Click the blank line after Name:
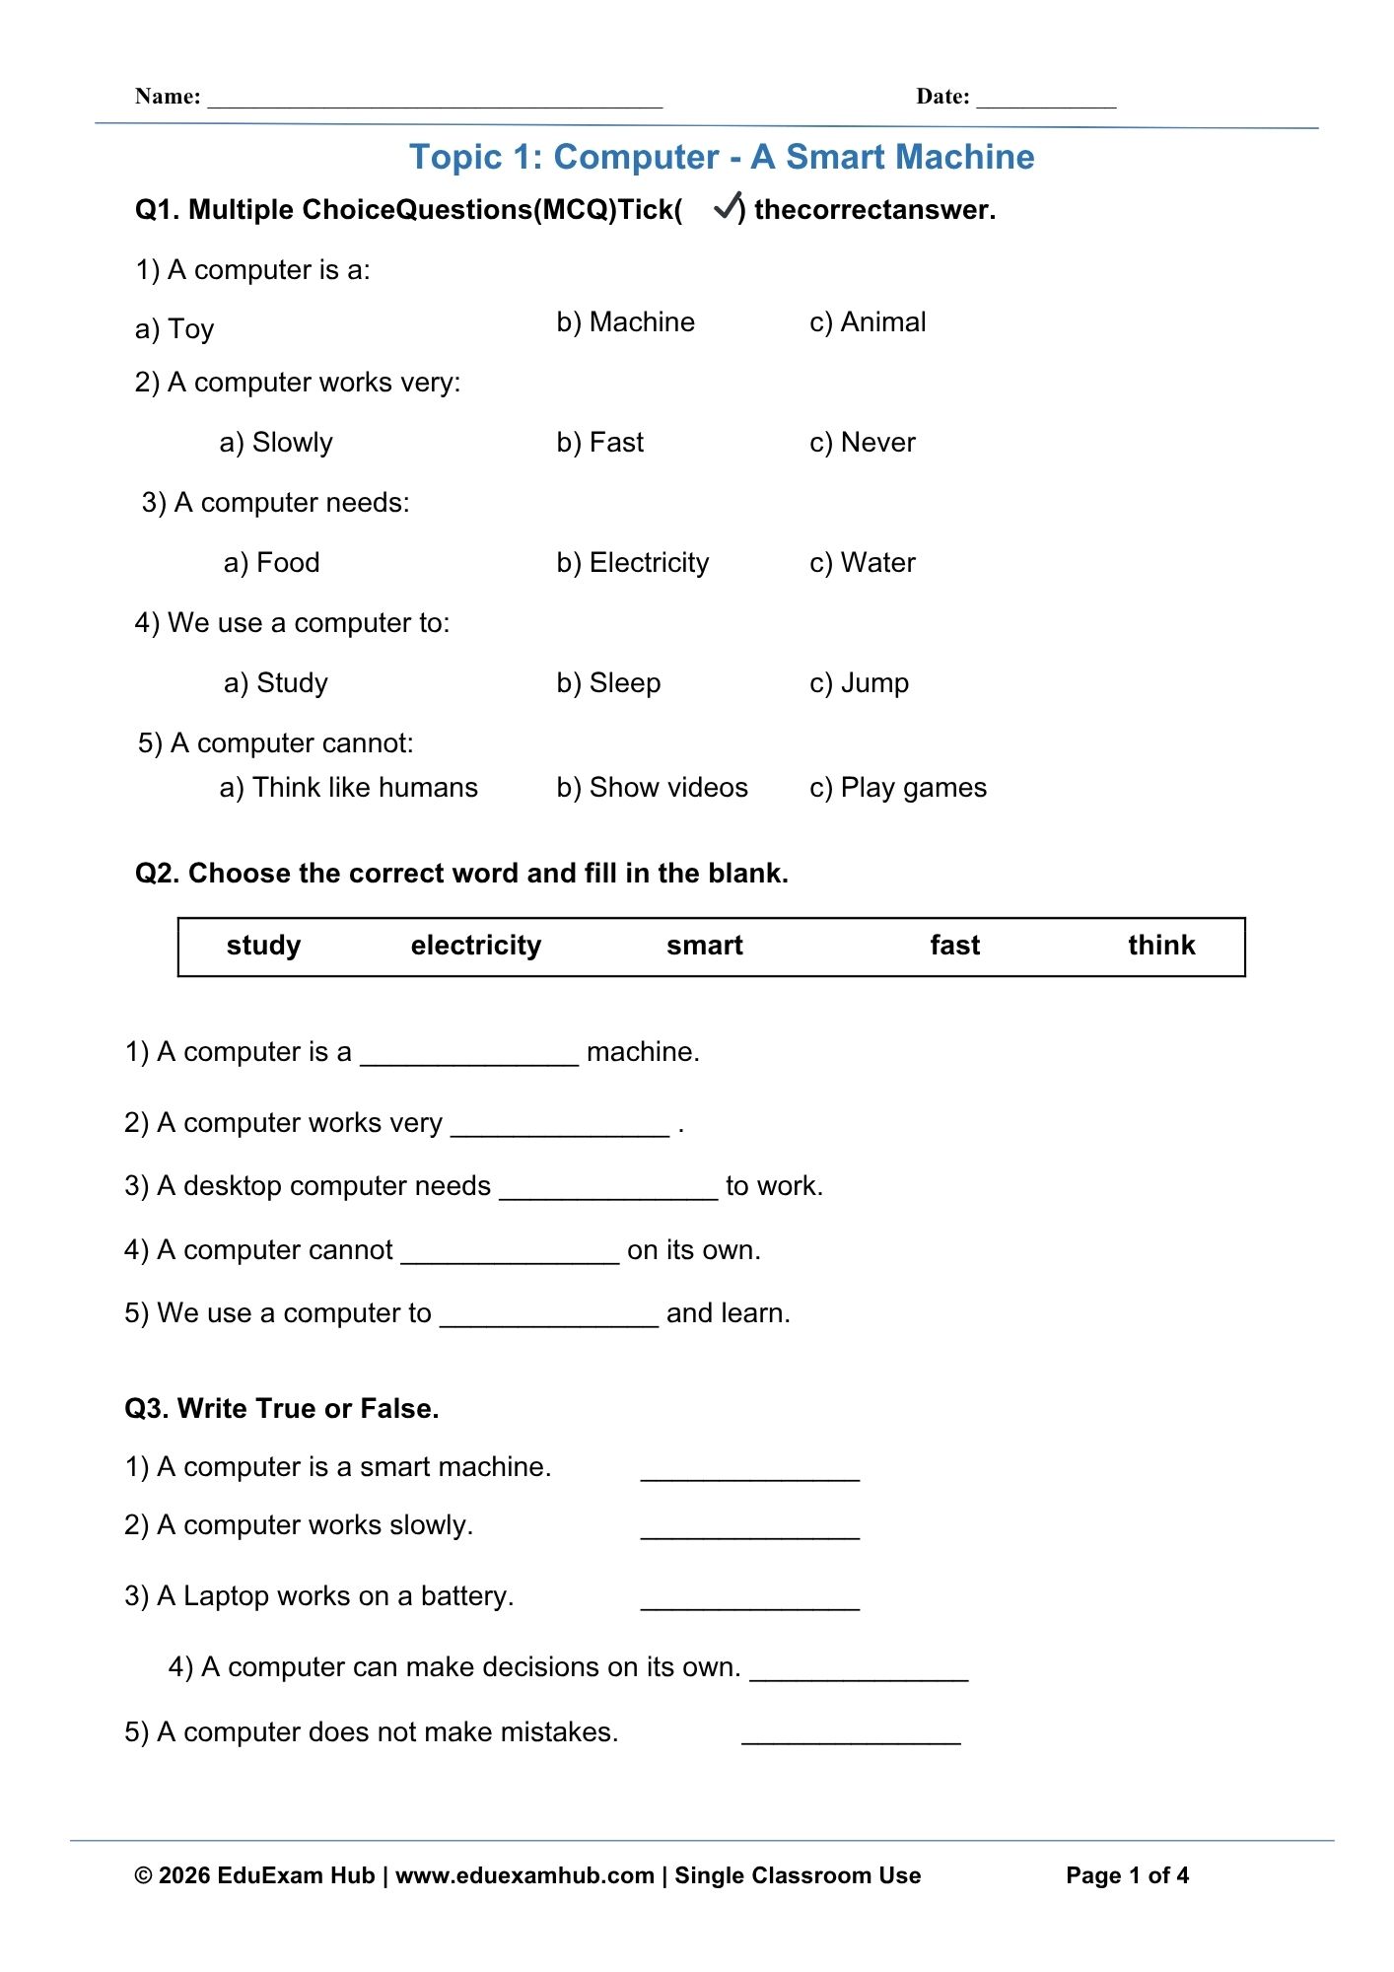(x=435, y=99)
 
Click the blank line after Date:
(x=1046, y=99)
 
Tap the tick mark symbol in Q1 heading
(x=728, y=206)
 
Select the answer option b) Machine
(x=625, y=322)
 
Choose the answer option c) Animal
(x=868, y=322)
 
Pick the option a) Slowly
(x=276, y=443)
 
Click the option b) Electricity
(x=632, y=563)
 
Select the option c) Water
(x=863, y=563)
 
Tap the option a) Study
(x=276, y=683)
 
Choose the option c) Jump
(x=859, y=683)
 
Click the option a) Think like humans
(x=348, y=788)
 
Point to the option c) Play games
(x=898, y=788)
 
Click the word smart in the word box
(x=704, y=946)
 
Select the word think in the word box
(x=1161, y=946)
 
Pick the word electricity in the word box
(x=476, y=946)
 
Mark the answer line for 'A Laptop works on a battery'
(x=750, y=1600)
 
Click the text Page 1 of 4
(x=1127, y=1875)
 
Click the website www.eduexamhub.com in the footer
(x=524, y=1875)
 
